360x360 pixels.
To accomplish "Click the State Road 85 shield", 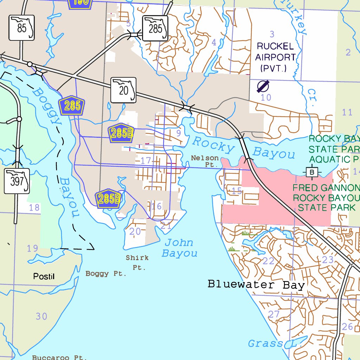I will (22, 28).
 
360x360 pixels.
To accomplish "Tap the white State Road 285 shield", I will (155, 28).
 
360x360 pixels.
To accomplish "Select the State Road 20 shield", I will (123, 90).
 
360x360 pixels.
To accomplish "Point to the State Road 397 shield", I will (17, 181).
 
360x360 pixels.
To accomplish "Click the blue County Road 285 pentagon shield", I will (72, 105).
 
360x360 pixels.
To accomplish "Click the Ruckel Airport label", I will (275, 57).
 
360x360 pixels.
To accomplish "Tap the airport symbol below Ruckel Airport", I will (263, 86).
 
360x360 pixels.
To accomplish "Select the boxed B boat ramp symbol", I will (311, 172).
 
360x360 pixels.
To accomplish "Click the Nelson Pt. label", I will (205, 161).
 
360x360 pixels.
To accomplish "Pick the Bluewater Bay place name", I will (256, 284).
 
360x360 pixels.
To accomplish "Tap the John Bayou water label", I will (179, 248).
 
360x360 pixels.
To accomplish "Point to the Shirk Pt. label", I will (137, 262).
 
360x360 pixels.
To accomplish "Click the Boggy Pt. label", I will (106, 274).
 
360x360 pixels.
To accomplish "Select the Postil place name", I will (44, 276).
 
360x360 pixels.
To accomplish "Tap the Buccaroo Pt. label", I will (59, 357).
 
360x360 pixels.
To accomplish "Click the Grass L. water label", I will (272, 343).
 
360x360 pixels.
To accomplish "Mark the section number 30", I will (41, 316).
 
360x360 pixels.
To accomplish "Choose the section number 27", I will (274, 314).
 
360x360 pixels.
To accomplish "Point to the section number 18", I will (34, 207).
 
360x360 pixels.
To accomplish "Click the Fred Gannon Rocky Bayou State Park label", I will (326, 198).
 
